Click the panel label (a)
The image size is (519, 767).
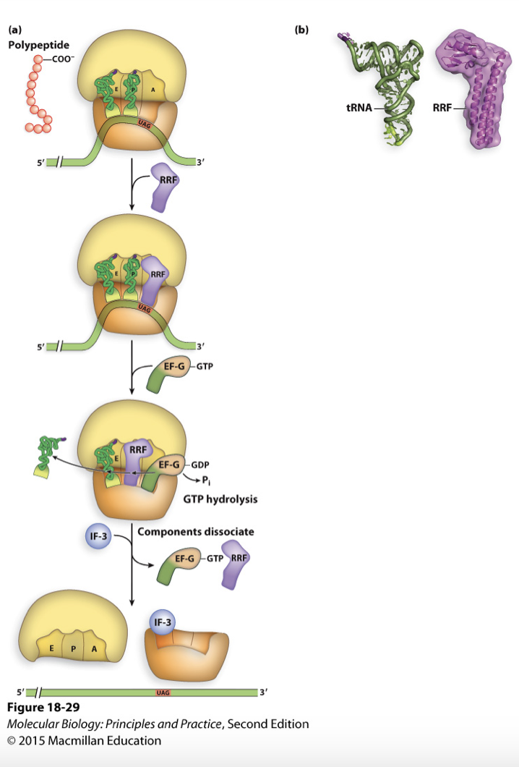(x=14, y=30)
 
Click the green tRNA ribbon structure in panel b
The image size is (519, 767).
(x=387, y=94)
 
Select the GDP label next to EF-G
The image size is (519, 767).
(x=202, y=464)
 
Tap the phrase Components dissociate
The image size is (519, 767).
(x=195, y=531)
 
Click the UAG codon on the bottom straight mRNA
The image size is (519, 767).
(x=163, y=692)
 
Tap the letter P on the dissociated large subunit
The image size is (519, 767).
(x=73, y=648)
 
